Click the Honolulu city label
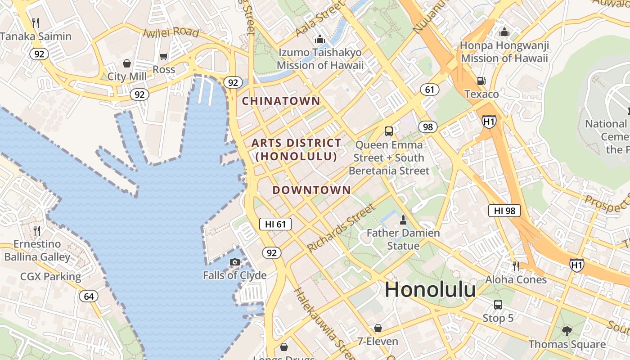coord(430,289)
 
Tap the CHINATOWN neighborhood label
coord(281,101)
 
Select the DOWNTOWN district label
coord(311,190)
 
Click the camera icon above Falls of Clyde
coord(234,262)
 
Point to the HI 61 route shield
coord(275,224)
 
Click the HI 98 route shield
coord(504,211)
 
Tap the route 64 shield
coord(89,296)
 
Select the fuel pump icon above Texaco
coord(481,81)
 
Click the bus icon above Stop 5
coord(498,304)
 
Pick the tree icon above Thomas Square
coord(567,331)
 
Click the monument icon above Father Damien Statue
coord(403,220)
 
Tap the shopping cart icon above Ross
coord(163,57)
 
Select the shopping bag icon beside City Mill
coord(127,63)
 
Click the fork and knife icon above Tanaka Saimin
coord(36,22)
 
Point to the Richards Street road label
coord(341,228)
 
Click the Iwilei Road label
coord(171,32)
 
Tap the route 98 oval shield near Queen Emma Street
coord(427,127)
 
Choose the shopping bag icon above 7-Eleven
coord(378,328)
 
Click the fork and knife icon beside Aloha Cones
coord(516,266)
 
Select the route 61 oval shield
coord(430,90)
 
